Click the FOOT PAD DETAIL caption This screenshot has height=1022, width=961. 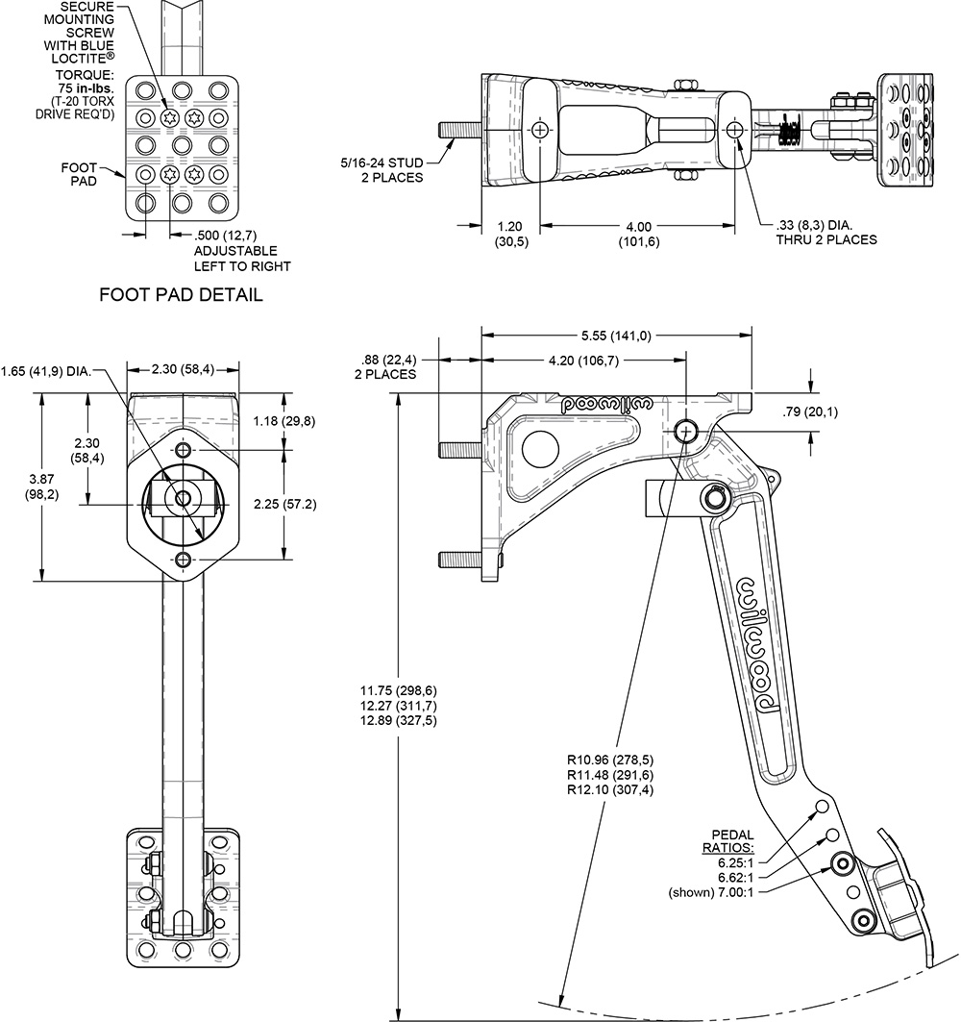point(181,295)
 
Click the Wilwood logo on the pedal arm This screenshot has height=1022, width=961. point(759,644)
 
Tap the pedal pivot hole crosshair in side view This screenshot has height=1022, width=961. point(686,430)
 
